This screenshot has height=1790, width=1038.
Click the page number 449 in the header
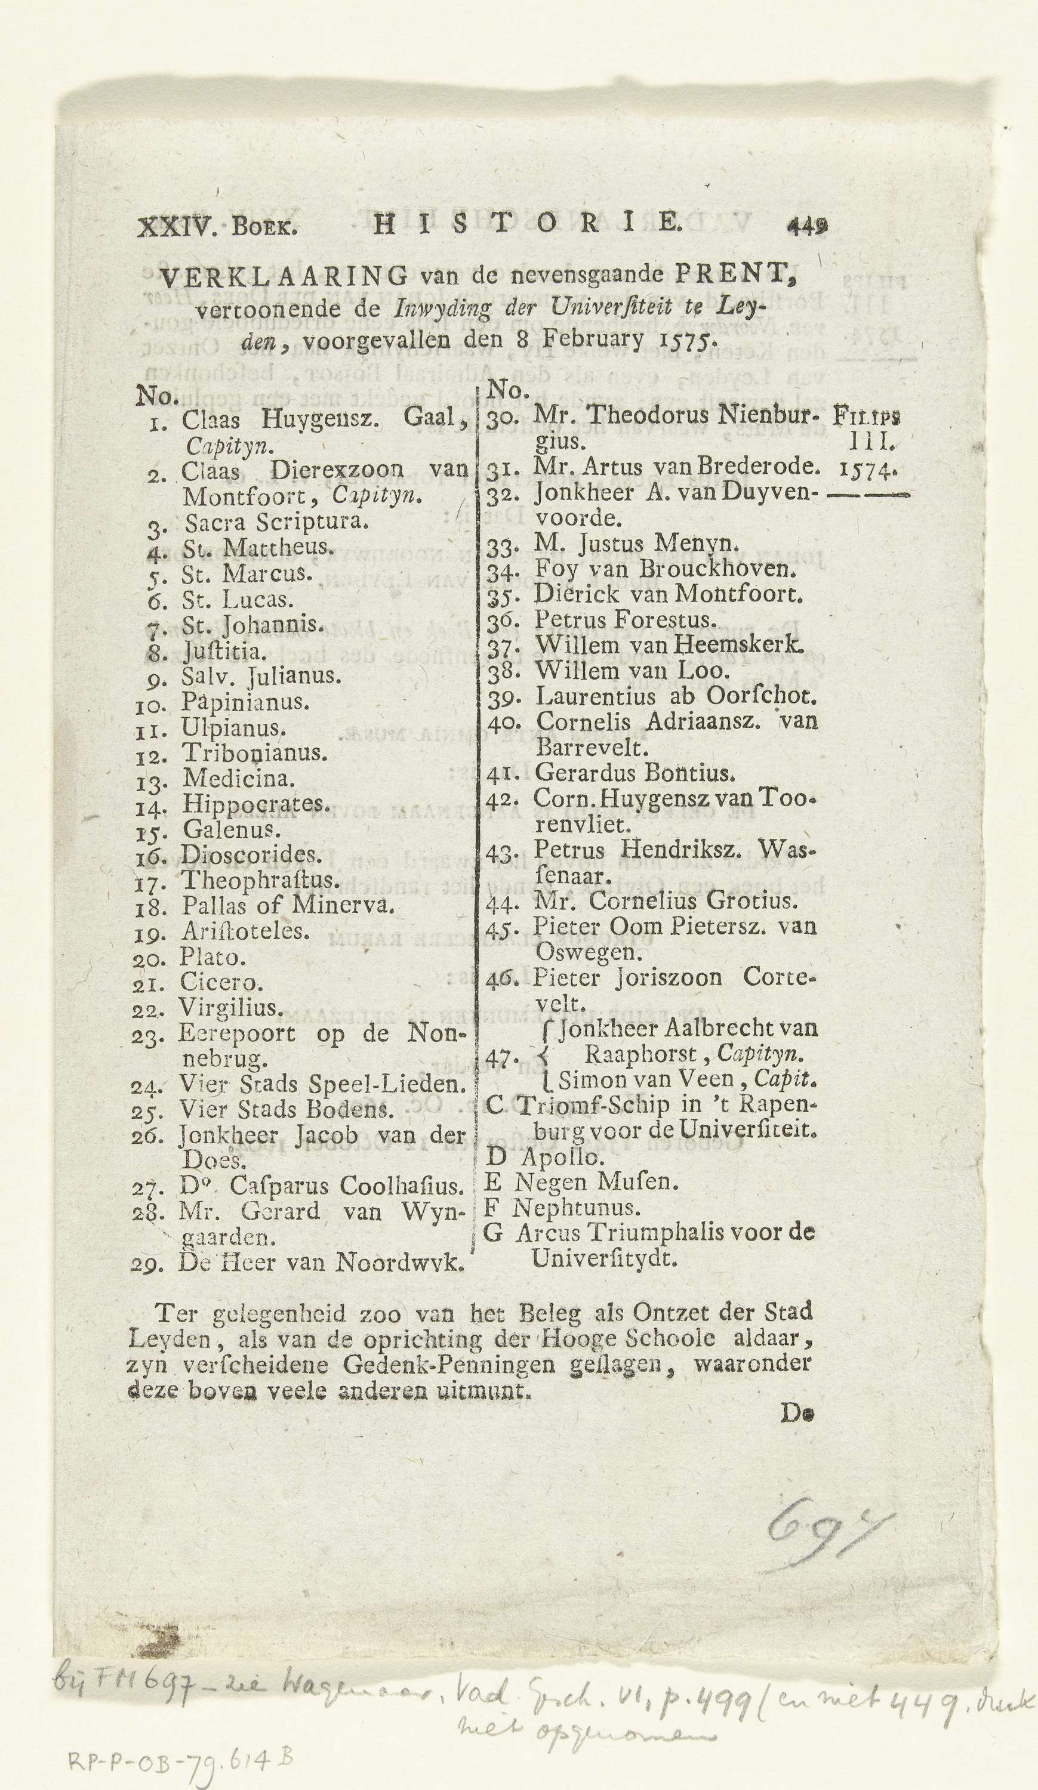tap(807, 227)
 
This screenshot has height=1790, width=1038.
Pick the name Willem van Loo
tap(632, 670)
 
